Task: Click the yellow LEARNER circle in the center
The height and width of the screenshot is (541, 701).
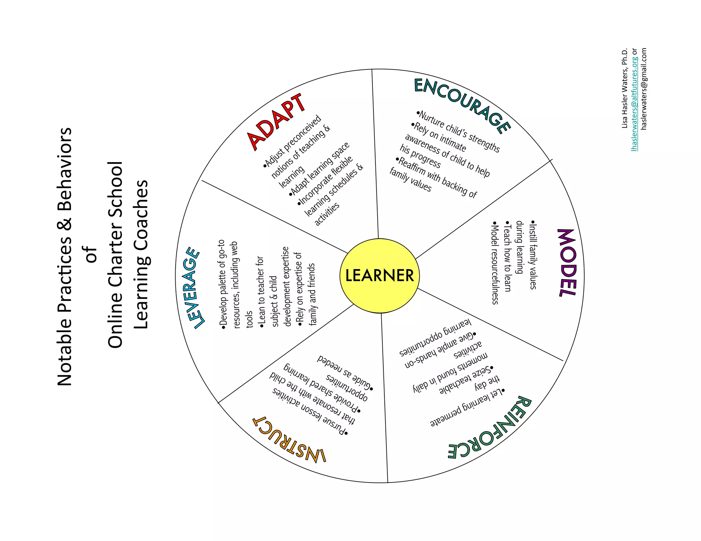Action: [379, 276]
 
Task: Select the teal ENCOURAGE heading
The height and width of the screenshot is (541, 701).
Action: [462, 104]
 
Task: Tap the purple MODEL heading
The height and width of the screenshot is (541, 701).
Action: [568, 263]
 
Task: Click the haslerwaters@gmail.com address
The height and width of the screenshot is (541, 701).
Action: [644, 88]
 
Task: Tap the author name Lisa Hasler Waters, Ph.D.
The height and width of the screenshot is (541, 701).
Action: [625, 88]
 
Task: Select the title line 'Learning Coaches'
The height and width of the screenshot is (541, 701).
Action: [141, 254]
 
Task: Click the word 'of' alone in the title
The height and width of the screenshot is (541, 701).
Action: [91, 254]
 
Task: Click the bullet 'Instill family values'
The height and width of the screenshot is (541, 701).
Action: [533, 255]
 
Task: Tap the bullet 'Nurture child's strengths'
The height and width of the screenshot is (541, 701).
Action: [458, 131]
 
